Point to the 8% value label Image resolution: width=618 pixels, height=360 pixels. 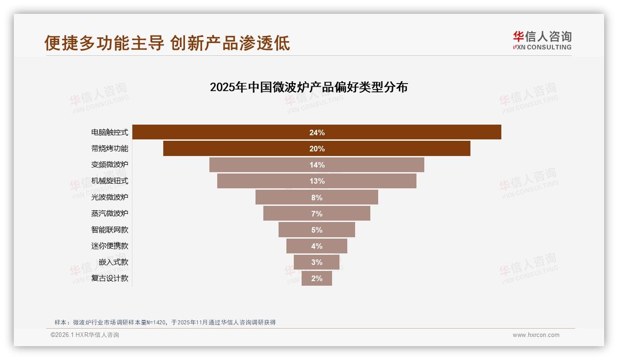[x=317, y=198]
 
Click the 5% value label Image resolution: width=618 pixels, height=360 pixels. [x=317, y=230]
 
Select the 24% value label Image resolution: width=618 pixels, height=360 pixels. [x=317, y=132]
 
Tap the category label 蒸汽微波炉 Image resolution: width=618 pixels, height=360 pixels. [x=110, y=213]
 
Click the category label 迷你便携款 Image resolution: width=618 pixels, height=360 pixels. [x=110, y=246]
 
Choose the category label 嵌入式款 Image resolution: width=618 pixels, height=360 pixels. [x=113, y=262]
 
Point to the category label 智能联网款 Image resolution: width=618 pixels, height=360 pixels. [x=110, y=229]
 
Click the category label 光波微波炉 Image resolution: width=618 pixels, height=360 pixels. [x=110, y=197]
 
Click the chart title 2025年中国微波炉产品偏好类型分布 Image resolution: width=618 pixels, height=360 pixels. [x=309, y=87]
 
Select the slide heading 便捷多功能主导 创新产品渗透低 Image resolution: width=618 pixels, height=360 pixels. [x=167, y=43]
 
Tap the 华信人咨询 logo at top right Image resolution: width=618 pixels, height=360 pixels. [x=542, y=40]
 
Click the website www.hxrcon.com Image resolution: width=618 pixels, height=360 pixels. [x=536, y=335]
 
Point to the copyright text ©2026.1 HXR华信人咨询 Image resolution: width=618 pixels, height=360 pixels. [x=85, y=335]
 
